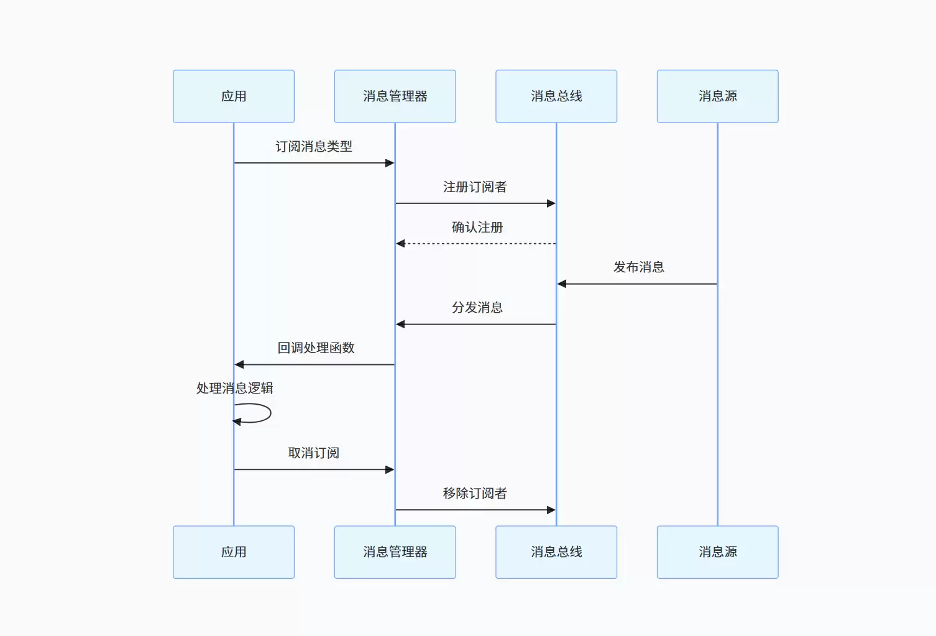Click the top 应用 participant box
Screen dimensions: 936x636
pos(234,96)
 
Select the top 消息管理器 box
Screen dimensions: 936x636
pos(395,96)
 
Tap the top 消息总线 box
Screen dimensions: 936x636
pos(556,96)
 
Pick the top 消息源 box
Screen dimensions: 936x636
pos(717,96)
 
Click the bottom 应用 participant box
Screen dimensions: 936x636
pos(234,552)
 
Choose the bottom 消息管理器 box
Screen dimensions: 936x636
pos(395,552)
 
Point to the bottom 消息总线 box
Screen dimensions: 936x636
pos(556,552)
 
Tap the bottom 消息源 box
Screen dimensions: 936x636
pos(717,552)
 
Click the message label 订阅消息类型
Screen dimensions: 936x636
pos(314,146)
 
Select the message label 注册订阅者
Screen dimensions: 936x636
pos(475,187)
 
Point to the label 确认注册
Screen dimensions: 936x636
pos(477,227)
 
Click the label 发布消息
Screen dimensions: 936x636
pos(638,267)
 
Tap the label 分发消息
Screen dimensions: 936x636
pos(477,308)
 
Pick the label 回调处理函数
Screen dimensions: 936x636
pos(316,348)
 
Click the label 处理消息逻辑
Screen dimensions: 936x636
pos(235,388)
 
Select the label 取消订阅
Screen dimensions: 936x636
pos(314,453)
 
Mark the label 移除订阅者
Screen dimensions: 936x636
pos(475,493)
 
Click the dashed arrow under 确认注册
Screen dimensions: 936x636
pos(476,243)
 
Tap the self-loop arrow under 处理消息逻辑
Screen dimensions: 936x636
pos(271,413)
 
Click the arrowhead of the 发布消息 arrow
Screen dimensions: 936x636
pos(562,283)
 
